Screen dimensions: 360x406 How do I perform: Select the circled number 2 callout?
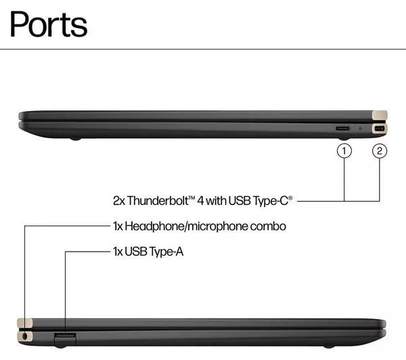coord(379,152)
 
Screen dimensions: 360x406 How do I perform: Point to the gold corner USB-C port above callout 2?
coord(379,129)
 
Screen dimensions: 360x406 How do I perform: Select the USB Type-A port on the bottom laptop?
coord(64,336)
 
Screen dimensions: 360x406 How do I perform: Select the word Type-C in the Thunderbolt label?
coord(273,200)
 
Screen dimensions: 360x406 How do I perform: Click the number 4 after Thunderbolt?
coord(200,200)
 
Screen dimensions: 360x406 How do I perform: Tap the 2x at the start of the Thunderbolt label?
coord(119,200)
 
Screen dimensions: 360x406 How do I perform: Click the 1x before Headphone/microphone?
coord(118,226)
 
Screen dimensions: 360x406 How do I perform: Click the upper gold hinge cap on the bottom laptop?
coord(25,322)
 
